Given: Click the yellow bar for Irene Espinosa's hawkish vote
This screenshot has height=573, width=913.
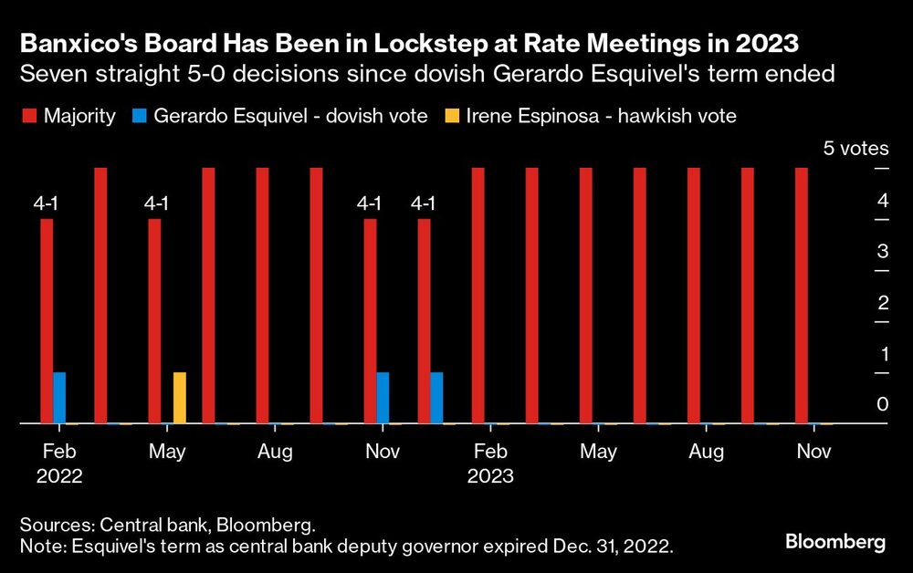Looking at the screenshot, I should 180,398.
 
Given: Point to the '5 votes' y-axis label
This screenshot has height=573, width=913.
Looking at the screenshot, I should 855,149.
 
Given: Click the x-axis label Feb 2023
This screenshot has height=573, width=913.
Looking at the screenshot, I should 490,463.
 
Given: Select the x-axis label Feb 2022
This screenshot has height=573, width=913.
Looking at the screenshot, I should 59,463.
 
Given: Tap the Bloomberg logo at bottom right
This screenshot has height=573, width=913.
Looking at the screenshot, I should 835,542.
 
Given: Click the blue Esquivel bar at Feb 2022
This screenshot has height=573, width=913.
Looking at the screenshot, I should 59,398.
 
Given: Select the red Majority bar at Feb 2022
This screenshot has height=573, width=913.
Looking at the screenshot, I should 47,321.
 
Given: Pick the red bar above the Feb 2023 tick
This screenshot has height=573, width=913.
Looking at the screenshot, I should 477,296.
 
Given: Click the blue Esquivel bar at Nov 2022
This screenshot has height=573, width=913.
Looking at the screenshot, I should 383,398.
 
